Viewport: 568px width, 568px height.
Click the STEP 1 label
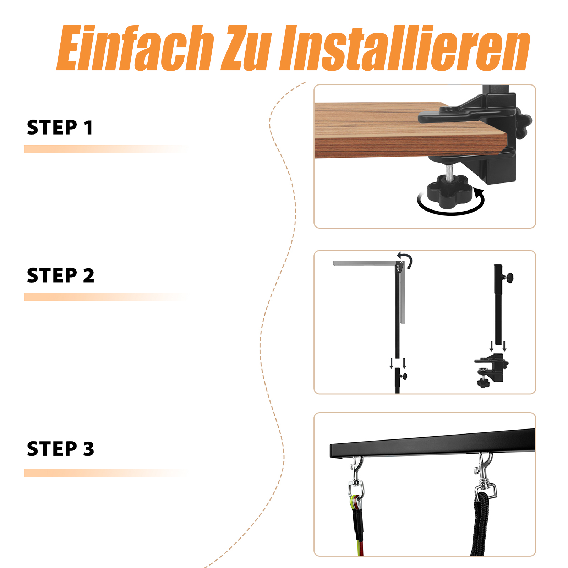pyautogui.click(x=60, y=127)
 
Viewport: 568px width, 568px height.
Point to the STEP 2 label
pyautogui.click(x=61, y=275)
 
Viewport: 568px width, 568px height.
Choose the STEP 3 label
pyautogui.click(x=61, y=449)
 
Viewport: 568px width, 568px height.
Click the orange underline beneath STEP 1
pyautogui.click(x=106, y=149)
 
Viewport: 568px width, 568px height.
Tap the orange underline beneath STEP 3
pyautogui.click(x=106, y=473)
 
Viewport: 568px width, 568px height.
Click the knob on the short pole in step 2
pyautogui.click(x=404, y=376)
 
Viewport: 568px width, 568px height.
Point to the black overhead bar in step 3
pyautogui.click(x=432, y=443)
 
